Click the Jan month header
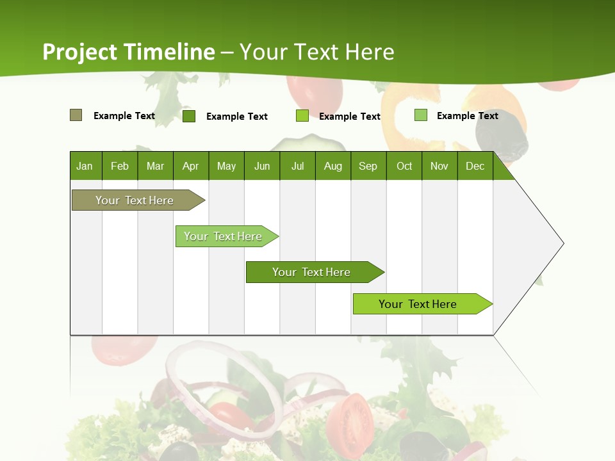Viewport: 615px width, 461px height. click(85, 166)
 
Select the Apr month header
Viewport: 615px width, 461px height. click(190, 166)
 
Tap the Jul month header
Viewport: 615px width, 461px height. click(297, 166)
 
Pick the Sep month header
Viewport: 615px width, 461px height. click(368, 166)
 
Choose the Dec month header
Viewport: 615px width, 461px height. click(475, 166)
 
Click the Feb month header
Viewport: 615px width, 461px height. click(120, 166)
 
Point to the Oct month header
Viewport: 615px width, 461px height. click(404, 166)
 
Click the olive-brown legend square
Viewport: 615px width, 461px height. click(76, 115)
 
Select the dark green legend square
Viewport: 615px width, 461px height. click(188, 116)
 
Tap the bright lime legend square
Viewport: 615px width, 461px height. click(302, 116)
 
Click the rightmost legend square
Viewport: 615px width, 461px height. click(420, 115)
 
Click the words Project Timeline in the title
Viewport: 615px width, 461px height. click(129, 52)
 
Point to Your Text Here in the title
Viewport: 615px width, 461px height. click(316, 52)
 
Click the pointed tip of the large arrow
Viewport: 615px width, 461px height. click(562, 243)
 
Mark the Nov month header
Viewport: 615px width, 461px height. click(439, 166)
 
